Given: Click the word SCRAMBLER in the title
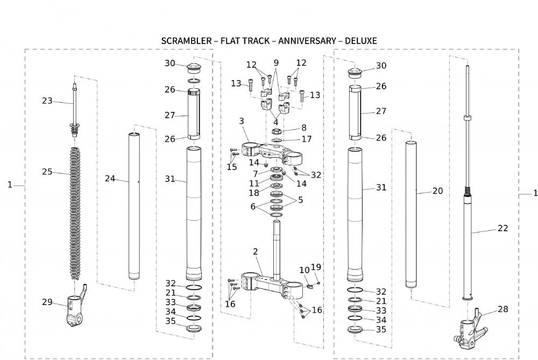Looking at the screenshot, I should (186, 41).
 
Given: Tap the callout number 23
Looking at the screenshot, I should (47, 100).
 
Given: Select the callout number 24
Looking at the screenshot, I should (110, 179).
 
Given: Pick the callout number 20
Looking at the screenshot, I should (437, 191).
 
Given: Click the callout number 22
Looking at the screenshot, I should (502, 228).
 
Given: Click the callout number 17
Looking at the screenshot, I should (306, 139).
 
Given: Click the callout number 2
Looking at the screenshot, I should (255, 252).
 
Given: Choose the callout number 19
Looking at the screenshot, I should (316, 267).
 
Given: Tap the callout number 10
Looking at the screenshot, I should (305, 270).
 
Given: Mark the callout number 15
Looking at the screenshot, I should (231, 167).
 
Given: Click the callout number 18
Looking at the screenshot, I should (253, 192).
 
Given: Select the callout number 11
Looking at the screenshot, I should (253, 183).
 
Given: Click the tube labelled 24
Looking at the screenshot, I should (133, 204).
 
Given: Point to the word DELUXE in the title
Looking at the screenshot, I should (360, 41).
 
